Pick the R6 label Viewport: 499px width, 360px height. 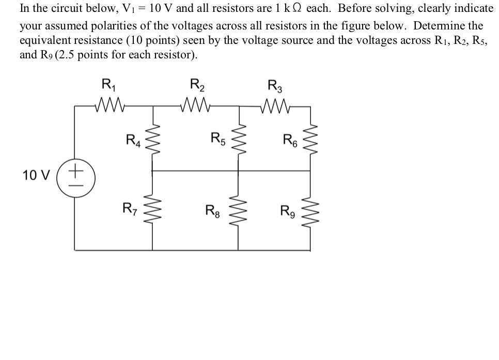290,139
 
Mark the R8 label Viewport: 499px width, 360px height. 212,210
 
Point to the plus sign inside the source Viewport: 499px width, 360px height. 76,168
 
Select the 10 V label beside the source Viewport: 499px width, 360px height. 36,176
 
